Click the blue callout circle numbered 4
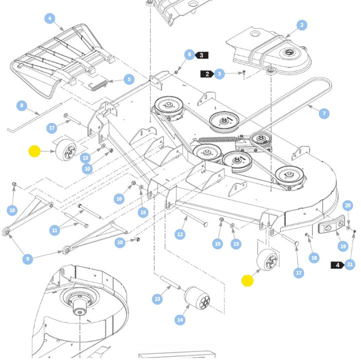pos(50,19)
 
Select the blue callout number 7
pos(324,113)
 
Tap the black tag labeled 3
pos(202,55)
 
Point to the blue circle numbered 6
pos(189,55)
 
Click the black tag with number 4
pos(337,265)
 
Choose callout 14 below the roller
pos(179,320)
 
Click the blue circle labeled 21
pos(350,265)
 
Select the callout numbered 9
pos(28,259)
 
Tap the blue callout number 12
pos(179,235)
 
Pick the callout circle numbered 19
pos(343,247)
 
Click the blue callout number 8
pos(21,106)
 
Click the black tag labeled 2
pos(207,74)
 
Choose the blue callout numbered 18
pos(314,257)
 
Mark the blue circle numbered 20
pos(348,205)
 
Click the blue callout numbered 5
pos(128,80)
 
